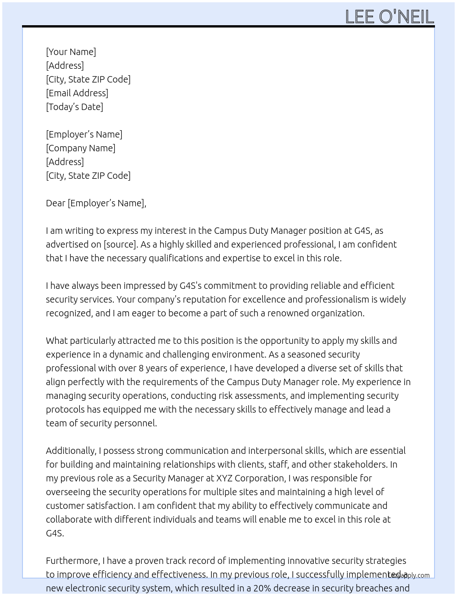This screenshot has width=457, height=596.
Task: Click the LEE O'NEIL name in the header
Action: [389, 17]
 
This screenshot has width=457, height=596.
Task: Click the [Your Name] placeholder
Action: [71, 52]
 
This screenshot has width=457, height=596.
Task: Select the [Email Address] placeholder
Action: [77, 93]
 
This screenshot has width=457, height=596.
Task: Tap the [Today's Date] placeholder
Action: [74, 107]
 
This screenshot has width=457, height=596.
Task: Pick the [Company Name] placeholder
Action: [81, 148]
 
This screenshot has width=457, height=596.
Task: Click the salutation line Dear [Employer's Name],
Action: [96, 203]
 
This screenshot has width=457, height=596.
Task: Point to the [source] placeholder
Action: [121, 244]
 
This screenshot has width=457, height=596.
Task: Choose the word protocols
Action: [65, 409]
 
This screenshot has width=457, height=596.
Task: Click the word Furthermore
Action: [72, 561]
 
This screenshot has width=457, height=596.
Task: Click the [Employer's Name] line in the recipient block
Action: [84, 134]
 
